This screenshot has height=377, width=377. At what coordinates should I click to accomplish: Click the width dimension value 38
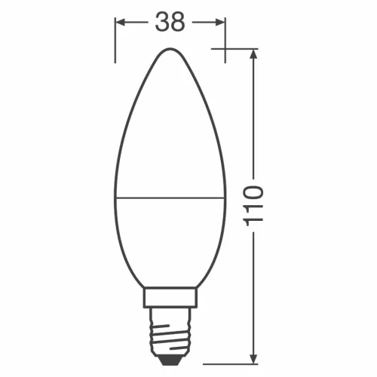[x=170, y=23]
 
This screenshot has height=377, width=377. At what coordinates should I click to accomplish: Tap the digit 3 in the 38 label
[x=161, y=23]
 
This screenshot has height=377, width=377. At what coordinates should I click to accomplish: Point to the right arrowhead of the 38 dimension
[x=219, y=23]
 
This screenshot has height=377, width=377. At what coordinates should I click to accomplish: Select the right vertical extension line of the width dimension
[x=225, y=38]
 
